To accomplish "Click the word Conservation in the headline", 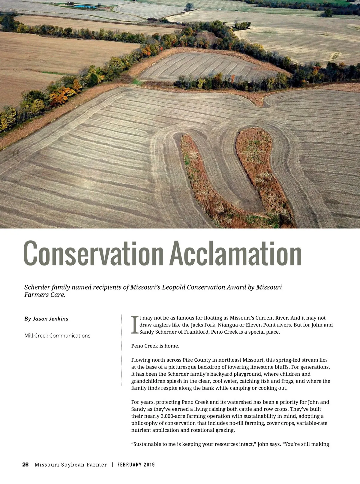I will tap(93, 254).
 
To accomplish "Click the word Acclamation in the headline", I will tap(235, 254).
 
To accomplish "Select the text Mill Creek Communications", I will tap(57, 335).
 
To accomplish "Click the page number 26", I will tap(25, 464).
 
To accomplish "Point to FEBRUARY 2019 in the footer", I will tap(136, 464).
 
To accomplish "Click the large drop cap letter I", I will tap(135, 325).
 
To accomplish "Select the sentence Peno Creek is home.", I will tap(155, 346).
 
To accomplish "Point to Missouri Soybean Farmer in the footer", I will tap(71, 464).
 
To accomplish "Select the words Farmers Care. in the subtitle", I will tap(45, 295).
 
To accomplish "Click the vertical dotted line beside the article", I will tap(121, 350).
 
